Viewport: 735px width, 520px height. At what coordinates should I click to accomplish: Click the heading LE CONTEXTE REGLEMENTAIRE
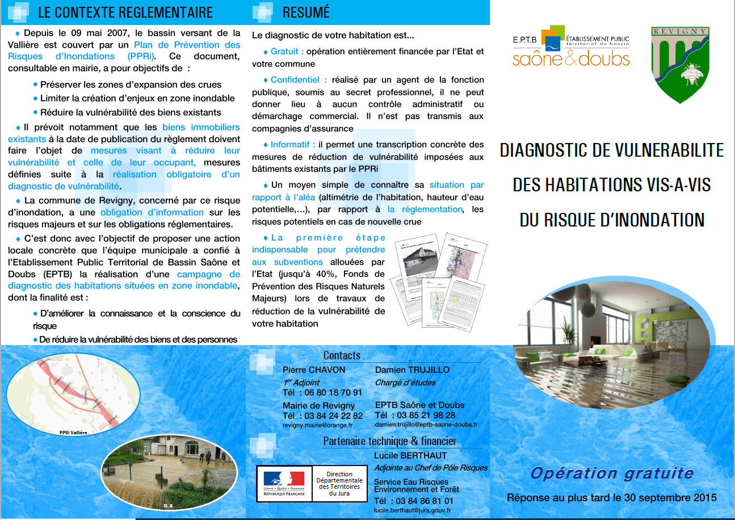(125, 12)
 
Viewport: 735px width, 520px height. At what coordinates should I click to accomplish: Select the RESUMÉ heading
(306, 12)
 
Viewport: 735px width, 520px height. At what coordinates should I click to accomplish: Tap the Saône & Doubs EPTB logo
(571, 47)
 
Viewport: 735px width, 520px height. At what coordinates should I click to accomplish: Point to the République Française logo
(284, 483)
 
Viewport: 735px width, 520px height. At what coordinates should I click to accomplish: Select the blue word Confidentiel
(299, 80)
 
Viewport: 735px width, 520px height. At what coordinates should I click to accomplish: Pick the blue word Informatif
(293, 145)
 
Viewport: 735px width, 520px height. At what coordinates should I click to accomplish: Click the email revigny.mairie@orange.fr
(317, 425)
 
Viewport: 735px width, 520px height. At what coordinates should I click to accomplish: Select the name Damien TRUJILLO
(412, 370)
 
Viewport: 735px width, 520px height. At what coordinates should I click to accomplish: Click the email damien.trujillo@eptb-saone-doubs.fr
(426, 425)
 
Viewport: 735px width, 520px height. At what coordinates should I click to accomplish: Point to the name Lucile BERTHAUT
(410, 455)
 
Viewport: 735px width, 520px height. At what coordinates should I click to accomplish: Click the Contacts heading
(342, 355)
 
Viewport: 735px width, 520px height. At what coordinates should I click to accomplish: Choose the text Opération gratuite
(612, 473)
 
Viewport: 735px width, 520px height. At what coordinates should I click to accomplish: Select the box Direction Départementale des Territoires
(339, 484)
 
